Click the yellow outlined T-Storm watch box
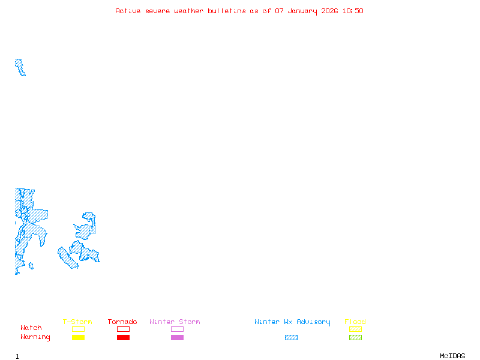point(78,329)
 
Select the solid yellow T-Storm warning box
point(78,337)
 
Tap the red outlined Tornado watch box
point(123,329)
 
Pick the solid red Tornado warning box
point(123,337)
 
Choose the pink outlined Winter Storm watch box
point(177,329)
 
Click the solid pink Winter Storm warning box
point(177,337)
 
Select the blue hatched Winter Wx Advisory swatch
point(291,337)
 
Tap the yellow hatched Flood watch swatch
point(355,329)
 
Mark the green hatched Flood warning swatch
point(355,337)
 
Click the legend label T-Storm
point(77,322)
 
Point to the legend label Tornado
point(122,322)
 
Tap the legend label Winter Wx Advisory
point(292,322)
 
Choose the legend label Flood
point(355,322)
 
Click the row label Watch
point(31,328)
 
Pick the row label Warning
point(35,337)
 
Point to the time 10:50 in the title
point(353,11)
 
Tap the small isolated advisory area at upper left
point(20,67)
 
